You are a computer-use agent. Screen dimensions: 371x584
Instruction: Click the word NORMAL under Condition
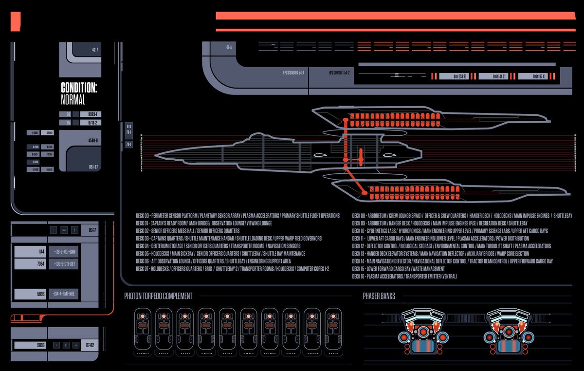click(73, 100)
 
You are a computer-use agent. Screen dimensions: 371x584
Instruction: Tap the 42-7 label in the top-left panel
click(95, 50)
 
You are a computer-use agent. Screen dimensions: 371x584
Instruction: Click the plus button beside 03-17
click(74, 230)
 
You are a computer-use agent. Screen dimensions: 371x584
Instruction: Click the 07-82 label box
click(91, 345)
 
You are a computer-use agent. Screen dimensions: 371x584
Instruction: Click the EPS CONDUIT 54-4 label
click(293, 73)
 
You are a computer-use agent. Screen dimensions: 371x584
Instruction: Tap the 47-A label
click(229, 47)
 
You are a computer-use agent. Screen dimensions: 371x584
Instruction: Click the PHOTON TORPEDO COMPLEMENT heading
click(158, 296)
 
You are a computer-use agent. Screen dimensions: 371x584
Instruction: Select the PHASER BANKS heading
click(379, 296)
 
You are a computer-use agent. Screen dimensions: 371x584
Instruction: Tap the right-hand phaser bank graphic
click(506, 332)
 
